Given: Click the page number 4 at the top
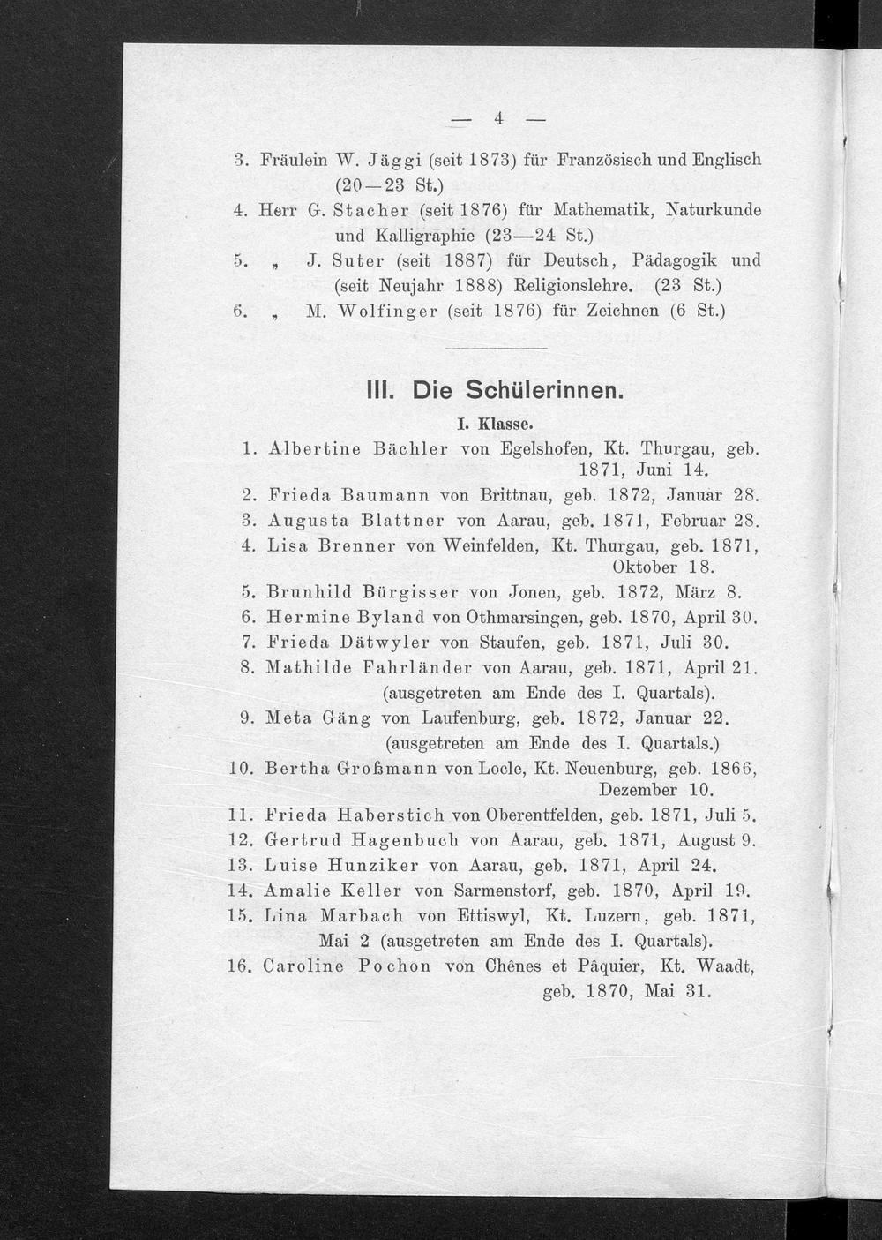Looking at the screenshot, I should pos(497,118).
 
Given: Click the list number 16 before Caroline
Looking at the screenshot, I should pos(240,966).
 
